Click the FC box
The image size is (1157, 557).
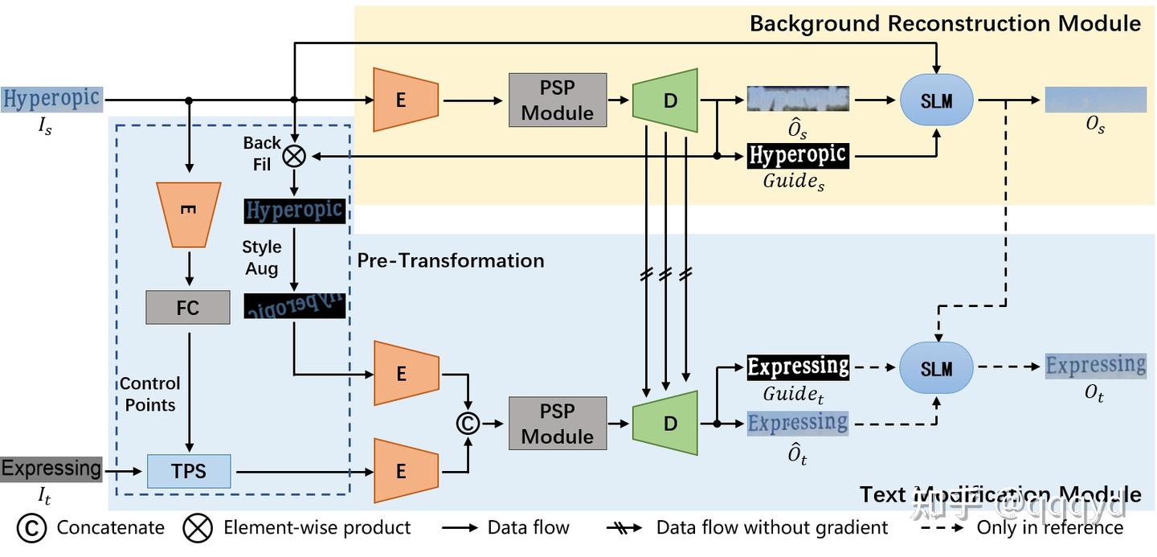[x=187, y=307]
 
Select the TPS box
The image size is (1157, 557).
[x=189, y=470]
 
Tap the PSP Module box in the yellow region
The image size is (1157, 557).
[x=557, y=100]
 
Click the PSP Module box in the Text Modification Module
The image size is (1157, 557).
[x=557, y=424]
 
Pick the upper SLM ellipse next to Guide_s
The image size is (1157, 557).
[x=937, y=100]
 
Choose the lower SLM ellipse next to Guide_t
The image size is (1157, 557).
[x=937, y=368]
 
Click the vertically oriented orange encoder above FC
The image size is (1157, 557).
[x=188, y=214]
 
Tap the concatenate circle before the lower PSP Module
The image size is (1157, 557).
[x=468, y=423]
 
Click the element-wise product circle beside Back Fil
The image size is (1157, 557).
[x=295, y=156]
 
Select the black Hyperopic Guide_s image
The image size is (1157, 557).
[x=798, y=155]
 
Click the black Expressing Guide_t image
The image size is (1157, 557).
[x=798, y=367]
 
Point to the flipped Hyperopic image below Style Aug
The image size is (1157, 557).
[x=295, y=306]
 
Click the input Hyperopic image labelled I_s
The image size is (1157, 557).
[x=52, y=99]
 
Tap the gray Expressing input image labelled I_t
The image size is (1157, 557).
[x=52, y=469]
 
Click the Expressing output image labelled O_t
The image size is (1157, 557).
[x=1095, y=366]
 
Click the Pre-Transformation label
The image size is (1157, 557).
[x=451, y=260]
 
